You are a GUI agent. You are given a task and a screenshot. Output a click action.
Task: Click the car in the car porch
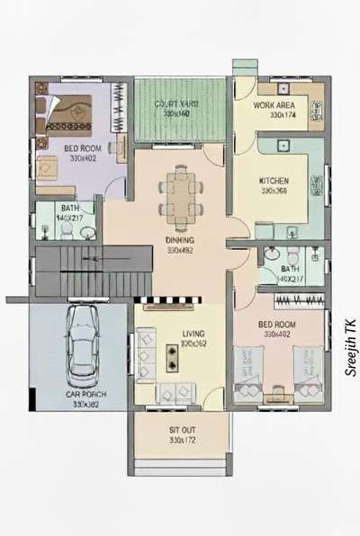pyautogui.click(x=81, y=346)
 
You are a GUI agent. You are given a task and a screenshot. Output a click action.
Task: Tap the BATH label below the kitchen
pyautogui.click(x=290, y=269)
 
